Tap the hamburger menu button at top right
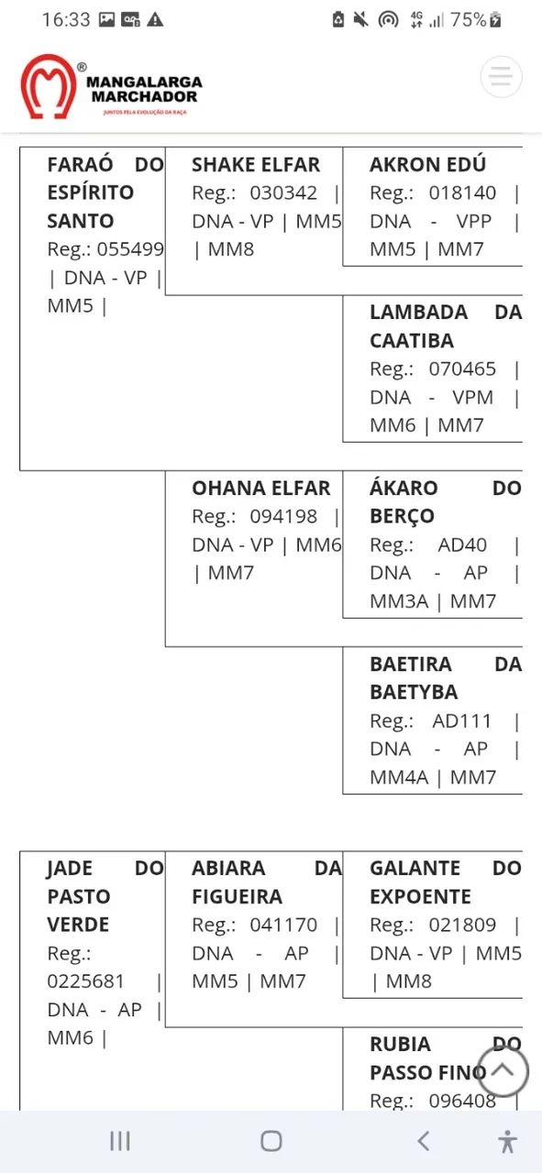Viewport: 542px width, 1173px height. tap(501, 76)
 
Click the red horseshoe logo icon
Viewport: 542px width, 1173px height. tap(49, 86)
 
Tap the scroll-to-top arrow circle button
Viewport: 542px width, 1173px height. tap(503, 1070)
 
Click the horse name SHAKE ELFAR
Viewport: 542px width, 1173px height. tap(255, 165)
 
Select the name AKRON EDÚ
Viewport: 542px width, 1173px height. tap(427, 164)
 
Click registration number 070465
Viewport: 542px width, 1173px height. tap(462, 369)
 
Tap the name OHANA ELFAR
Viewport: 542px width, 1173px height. tap(261, 488)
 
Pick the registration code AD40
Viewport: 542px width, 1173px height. tap(462, 545)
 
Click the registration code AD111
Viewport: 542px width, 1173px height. tap(461, 721)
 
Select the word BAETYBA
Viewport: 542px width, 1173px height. tap(414, 692)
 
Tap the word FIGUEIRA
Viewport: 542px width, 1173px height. tap(237, 897)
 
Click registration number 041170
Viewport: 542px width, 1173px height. tap(283, 926)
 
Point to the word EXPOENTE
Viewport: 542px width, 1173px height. tap(420, 897)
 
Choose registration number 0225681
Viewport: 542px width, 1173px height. tap(85, 981)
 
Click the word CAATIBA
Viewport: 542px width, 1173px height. tap(412, 341)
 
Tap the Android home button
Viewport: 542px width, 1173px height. tap(271, 1141)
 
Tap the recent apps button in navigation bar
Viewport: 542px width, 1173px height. tap(120, 1141)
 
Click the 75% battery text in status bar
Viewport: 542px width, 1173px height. tap(468, 20)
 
